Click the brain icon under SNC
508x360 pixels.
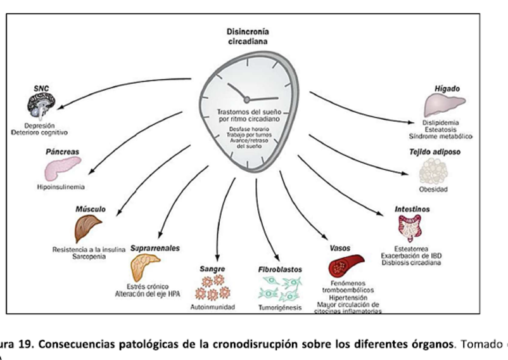click(42, 103)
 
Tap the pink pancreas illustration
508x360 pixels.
click(61, 169)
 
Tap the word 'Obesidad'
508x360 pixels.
click(433, 190)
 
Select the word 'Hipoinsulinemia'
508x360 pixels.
click(61, 187)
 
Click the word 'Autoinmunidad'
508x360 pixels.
click(212, 307)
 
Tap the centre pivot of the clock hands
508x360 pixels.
click(246, 99)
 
